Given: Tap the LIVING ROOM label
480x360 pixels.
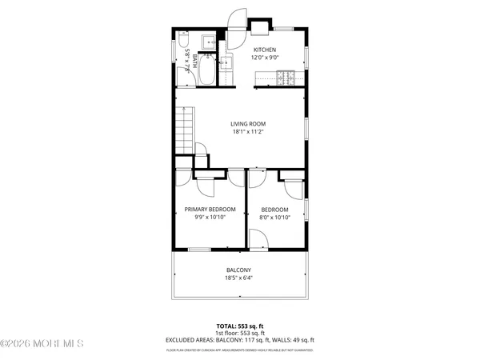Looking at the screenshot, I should tap(248, 124).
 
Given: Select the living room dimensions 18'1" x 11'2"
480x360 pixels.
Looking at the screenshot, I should tap(248, 132).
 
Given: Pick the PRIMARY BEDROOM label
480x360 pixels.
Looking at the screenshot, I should tap(210, 210).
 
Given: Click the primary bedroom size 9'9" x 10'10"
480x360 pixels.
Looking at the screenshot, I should tap(210, 218).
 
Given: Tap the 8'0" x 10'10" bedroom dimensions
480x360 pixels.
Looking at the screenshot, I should tap(274, 218).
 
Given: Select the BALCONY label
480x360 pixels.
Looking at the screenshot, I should tap(238, 270).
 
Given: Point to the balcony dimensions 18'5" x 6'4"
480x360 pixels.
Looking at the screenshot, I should tap(238, 278).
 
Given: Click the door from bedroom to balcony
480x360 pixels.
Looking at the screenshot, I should tap(258, 240).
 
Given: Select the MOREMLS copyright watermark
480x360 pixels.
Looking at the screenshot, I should tap(42, 344).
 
